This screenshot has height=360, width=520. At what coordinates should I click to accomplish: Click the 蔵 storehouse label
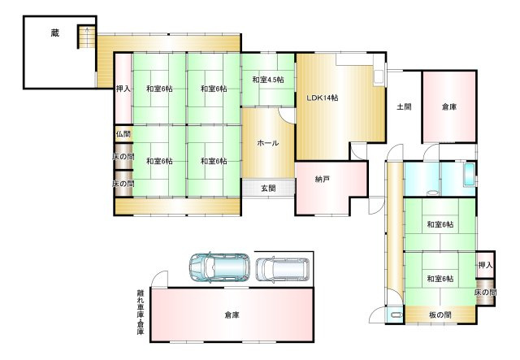coord(54,33)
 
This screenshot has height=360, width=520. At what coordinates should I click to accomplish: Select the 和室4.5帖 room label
coord(267,80)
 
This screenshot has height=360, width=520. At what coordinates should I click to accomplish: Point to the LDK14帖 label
coord(322,98)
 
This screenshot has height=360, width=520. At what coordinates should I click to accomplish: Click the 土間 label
coord(404,106)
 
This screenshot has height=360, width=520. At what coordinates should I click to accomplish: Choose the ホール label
coord(267,143)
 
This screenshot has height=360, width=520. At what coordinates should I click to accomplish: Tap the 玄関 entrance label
coord(267,189)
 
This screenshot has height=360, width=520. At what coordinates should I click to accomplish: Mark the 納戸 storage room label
coord(323,180)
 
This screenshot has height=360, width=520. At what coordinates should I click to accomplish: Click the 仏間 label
coord(122,134)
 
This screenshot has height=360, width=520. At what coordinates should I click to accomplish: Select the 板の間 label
coord(440,314)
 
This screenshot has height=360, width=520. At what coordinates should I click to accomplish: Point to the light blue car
coord(219,266)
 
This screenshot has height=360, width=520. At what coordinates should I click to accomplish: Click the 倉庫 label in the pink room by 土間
coord(448,106)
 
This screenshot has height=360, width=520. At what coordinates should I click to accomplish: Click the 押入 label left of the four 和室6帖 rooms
coord(122,89)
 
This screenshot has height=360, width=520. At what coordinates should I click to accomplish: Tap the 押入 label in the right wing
coord(485,266)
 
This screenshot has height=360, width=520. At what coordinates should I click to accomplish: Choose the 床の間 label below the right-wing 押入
coord(485,293)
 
